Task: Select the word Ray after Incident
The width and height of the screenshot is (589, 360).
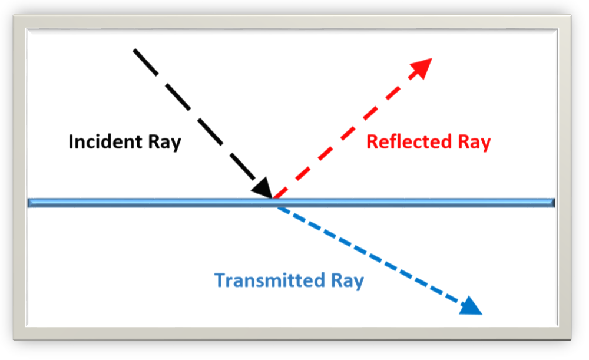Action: (164, 142)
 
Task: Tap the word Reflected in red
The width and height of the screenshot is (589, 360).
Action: (407, 142)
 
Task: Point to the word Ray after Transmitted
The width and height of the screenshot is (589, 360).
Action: (346, 280)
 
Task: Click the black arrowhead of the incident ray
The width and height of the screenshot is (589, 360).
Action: (262, 188)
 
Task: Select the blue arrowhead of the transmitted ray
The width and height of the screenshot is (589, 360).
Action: (471, 306)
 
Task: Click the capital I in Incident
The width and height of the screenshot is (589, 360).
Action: (71, 142)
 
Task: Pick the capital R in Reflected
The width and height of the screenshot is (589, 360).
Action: (372, 142)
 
